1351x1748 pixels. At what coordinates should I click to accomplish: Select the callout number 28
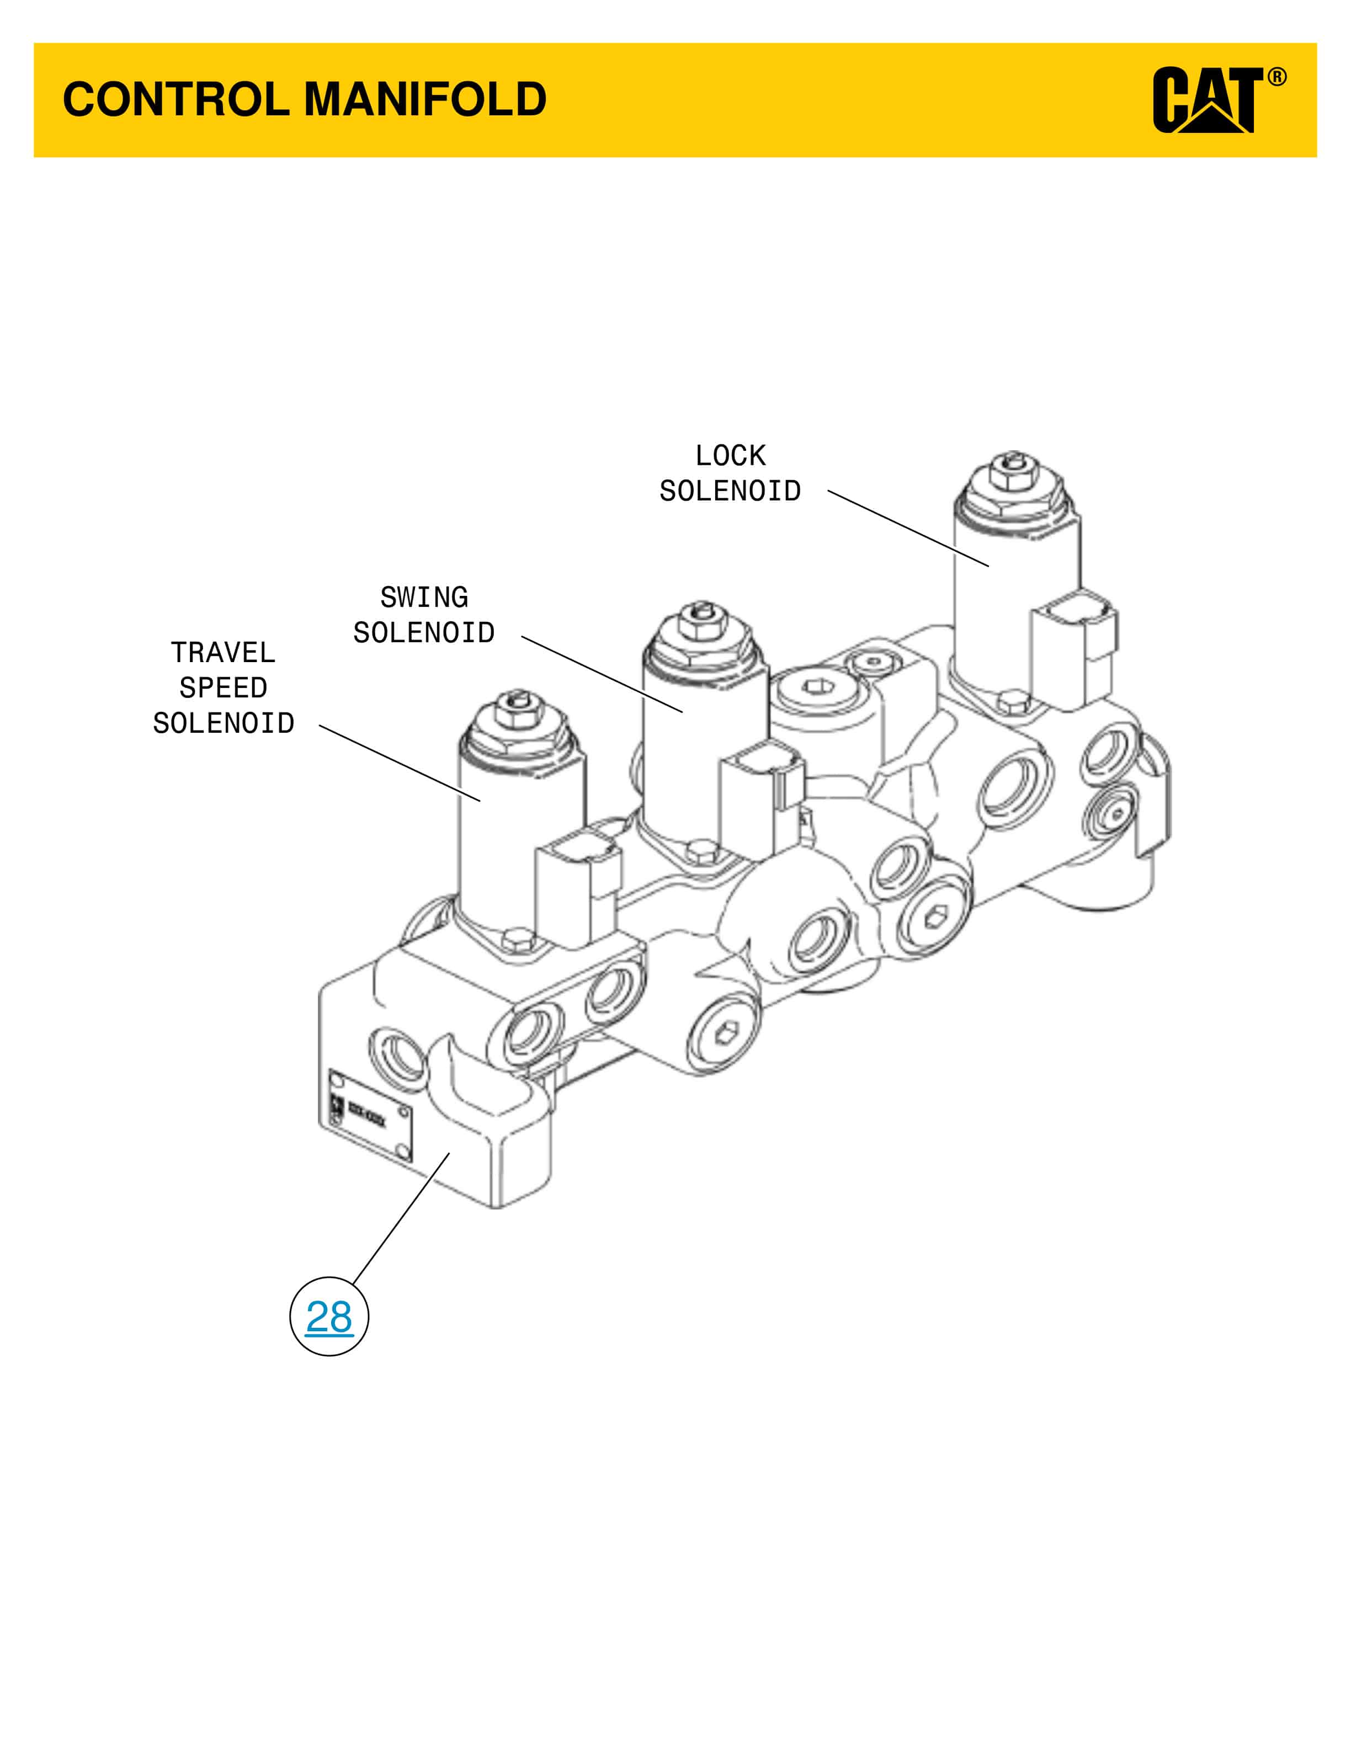pos(329,1317)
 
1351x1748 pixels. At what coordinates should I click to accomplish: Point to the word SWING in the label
pos(424,597)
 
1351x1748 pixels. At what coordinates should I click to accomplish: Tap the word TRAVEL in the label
pos(224,652)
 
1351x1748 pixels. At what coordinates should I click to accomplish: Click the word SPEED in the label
pos(224,688)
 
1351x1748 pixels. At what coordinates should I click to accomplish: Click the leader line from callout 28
pos(400,1219)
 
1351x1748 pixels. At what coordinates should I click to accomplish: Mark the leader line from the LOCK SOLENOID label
pos(908,528)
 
